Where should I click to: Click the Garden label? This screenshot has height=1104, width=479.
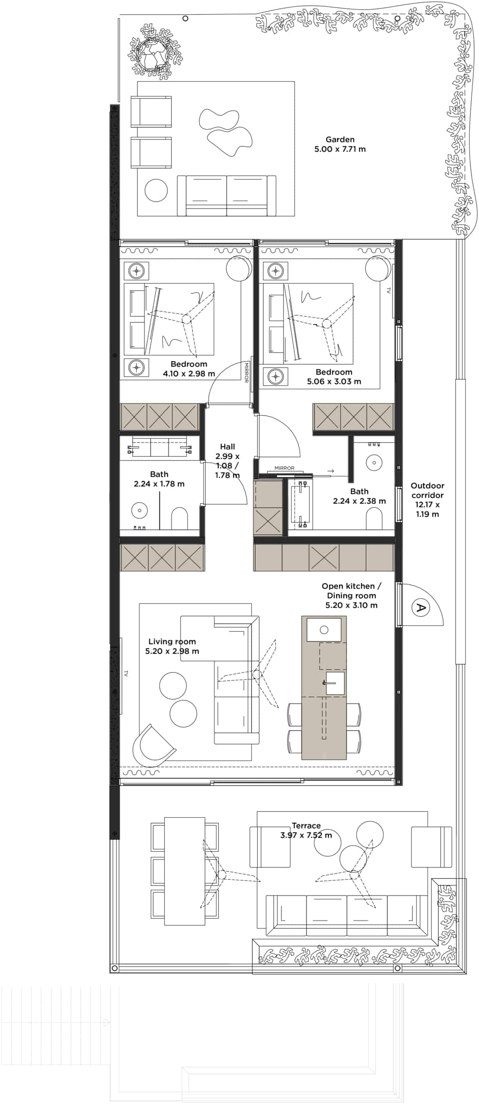click(340, 139)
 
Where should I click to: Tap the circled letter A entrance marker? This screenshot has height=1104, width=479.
click(419, 608)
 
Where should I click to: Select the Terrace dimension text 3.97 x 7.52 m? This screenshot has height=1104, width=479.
click(306, 835)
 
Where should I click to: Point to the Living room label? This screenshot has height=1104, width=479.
click(172, 641)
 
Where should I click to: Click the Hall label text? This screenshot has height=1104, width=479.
click(228, 447)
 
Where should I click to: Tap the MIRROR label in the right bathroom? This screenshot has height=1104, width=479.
click(284, 468)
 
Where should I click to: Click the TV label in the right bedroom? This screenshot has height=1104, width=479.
click(388, 291)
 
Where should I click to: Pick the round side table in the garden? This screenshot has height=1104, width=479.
click(156, 190)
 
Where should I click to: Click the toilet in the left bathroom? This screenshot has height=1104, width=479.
click(179, 518)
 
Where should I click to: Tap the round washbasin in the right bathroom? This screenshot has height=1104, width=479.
click(374, 463)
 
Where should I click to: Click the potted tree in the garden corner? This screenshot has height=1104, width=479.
click(154, 54)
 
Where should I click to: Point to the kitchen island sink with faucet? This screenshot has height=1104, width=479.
click(335, 683)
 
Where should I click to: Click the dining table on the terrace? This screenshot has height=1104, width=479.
click(185, 871)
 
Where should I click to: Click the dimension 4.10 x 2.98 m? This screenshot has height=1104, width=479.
click(189, 373)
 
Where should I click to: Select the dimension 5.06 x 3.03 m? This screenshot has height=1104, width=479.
click(334, 381)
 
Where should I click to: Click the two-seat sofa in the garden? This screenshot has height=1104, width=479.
click(227, 195)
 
